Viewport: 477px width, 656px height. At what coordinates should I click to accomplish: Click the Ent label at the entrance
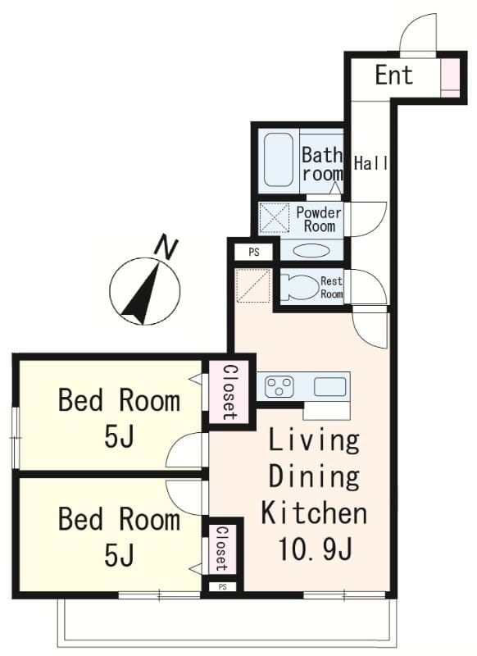393,75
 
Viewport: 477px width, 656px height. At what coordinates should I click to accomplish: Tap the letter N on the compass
166,248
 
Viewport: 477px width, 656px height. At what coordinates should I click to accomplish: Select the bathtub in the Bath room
279,160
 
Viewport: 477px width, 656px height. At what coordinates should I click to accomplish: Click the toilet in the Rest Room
298,287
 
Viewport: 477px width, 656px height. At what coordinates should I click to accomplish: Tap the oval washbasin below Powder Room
312,251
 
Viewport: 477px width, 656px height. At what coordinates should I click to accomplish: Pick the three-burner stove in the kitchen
279,386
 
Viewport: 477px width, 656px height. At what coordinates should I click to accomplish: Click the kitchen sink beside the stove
329,386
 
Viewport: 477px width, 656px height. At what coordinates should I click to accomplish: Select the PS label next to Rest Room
254,253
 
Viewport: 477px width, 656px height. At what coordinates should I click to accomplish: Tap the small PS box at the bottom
222,587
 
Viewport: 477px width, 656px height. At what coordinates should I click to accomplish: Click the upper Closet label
229,393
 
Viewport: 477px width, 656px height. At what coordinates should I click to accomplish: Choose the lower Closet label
221,549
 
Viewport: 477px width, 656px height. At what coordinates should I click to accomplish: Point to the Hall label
370,163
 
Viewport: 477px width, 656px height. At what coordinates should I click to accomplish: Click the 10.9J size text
315,549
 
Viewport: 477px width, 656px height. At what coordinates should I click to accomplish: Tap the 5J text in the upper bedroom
119,438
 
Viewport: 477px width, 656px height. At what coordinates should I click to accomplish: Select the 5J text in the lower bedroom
119,555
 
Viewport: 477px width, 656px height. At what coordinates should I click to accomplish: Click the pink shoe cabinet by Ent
450,78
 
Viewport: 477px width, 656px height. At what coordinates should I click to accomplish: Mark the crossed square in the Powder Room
275,217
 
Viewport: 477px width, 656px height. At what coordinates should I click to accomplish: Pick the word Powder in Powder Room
319,212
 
